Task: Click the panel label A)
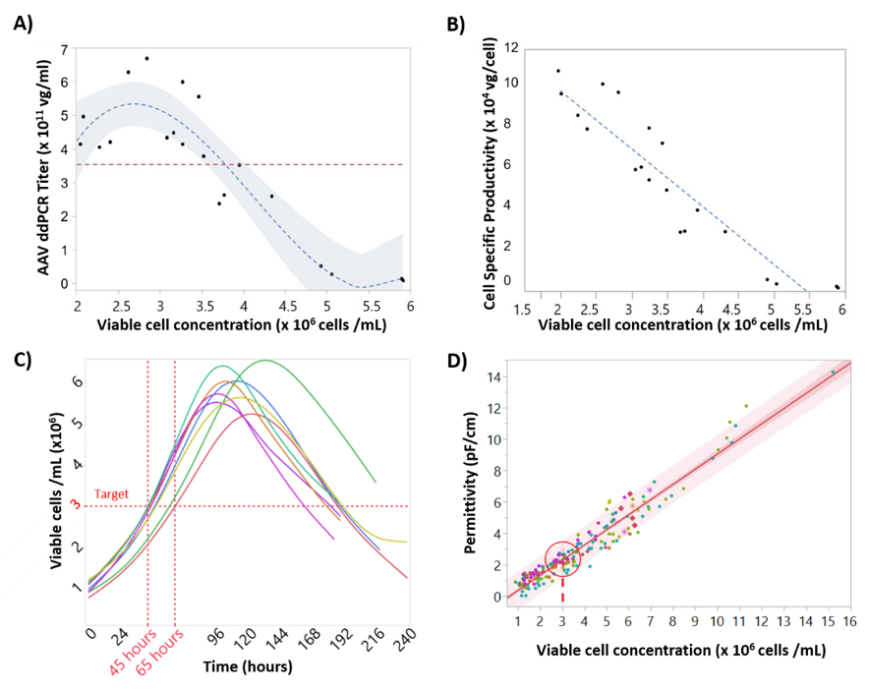[x=23, y=27]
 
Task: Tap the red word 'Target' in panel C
[x=112, y=493]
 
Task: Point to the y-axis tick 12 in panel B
[x=510, y=47]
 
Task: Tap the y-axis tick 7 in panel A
[x=64, y=49]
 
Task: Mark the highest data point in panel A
[x=146, y=59]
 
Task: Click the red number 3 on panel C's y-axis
[x=74, y=505]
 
